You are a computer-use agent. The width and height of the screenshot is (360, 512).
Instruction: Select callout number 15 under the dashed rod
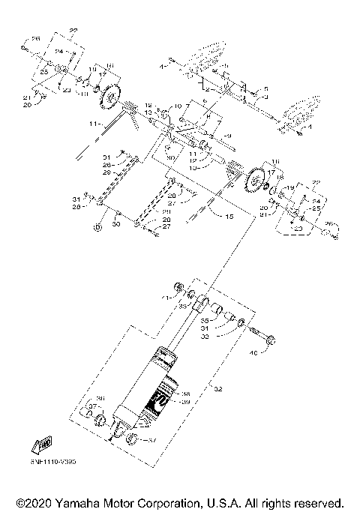[x=218, y=215]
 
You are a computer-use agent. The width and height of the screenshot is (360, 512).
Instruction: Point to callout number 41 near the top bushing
[x=166, y=298]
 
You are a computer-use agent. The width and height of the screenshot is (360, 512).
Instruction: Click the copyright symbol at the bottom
[x=22, y=502]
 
